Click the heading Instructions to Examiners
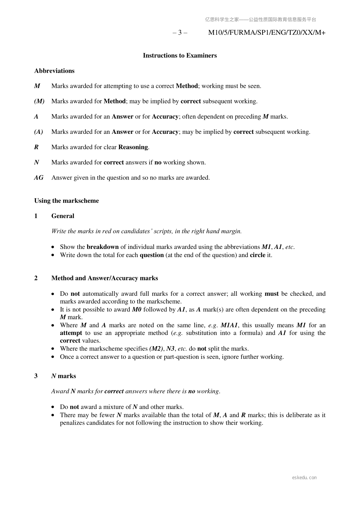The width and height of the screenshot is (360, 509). pos(180,56)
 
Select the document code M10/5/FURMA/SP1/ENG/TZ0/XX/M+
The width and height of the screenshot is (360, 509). pos(267,33)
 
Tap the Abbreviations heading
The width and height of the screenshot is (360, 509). pos(54,71)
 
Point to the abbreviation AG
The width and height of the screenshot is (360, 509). pos(39,178)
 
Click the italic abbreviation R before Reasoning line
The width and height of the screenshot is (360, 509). pos(36,147)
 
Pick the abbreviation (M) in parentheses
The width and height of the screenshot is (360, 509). pos(39,101)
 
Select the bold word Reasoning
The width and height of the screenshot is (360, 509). pos(133,147)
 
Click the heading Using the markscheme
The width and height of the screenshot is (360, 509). pos(66,201)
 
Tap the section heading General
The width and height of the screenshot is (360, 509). pos(63,216)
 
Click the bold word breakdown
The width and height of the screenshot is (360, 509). pos(102,247)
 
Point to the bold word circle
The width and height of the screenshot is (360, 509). pos(258,255)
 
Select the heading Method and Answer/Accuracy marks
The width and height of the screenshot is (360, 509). pos(105,278)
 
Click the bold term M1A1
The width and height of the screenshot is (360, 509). pos(229,325)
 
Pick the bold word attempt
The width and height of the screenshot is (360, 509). pos(71,333)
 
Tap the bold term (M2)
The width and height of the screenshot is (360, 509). pos(156,349)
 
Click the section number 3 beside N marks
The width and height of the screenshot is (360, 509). pos(36,376)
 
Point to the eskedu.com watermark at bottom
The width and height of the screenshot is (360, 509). pos(304,478)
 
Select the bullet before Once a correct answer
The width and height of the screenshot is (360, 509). pos(53,357)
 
